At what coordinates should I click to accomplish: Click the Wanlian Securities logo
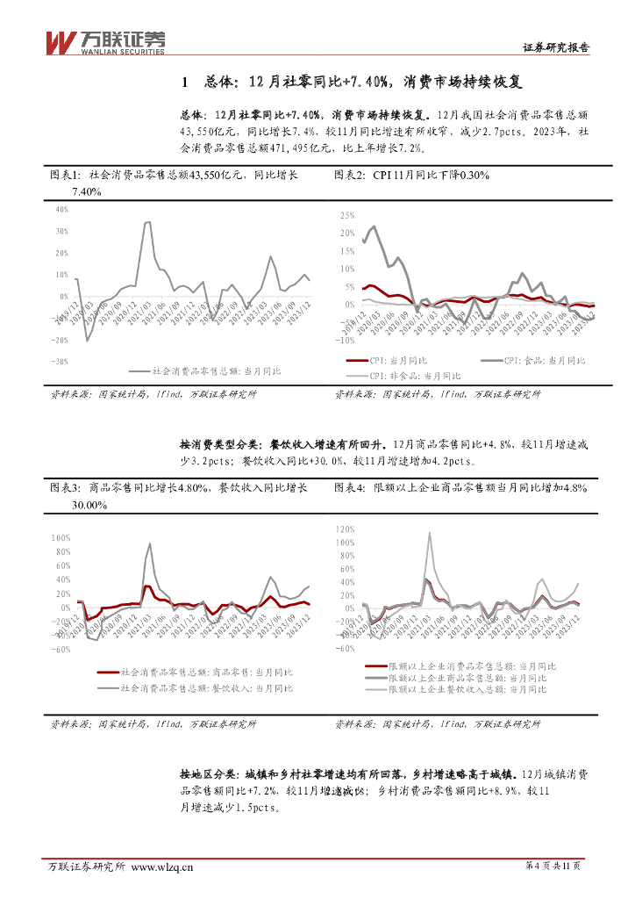click(104, 41)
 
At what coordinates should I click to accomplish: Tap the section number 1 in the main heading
click(184, 83)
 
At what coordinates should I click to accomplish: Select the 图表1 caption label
click(65, 176)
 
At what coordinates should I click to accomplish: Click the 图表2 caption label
click(351, 176)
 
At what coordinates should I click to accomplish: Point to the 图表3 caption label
click(65, 487)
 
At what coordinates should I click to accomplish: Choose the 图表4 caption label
click(351, 487)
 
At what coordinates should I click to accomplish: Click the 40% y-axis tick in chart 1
click(61, 210)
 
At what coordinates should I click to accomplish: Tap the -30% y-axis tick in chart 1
click(60, 362)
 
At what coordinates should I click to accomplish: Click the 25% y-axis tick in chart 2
click(346, 215)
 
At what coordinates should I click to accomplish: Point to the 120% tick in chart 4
click(344, 529)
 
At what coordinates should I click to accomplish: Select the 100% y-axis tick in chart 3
click(61, 537)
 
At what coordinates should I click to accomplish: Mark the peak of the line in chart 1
click(147, 222)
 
